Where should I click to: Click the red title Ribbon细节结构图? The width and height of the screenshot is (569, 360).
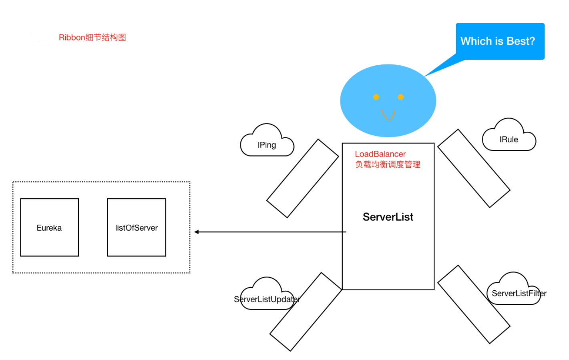[92, 38]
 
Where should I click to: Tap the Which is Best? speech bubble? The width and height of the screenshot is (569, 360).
[500, 41]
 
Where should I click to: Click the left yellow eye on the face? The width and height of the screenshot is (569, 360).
[376, 97]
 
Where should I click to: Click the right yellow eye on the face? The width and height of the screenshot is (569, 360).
[400, 97]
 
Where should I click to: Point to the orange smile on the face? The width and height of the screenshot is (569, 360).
[388, 115]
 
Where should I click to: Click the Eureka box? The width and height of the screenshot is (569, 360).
[49, 227]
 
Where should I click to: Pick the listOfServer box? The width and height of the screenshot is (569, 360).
[137, 227]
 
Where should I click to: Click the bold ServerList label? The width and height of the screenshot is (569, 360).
[388, 217]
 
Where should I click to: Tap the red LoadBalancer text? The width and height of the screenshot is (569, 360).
[380, 154]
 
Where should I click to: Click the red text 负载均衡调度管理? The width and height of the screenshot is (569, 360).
[388, 165]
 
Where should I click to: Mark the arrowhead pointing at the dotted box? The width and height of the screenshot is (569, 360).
[197, 232]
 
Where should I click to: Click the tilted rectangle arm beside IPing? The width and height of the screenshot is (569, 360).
[303, 179]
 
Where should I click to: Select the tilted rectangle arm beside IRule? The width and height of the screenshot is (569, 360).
[474, 169]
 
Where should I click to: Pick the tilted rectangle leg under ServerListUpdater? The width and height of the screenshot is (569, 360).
[306, 312]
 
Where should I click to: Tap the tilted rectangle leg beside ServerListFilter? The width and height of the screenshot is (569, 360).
[474, 304]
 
